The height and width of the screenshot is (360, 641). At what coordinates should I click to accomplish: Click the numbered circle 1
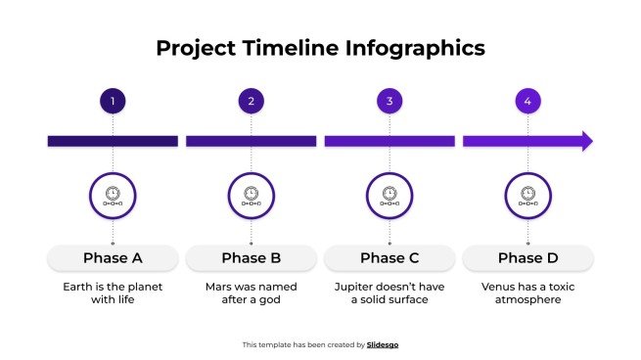tap(113, 101)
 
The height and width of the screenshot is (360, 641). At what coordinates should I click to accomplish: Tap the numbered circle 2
tap(252, 101)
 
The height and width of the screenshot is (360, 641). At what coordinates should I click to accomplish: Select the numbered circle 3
tap(389, 101)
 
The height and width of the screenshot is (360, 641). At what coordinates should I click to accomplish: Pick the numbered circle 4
tap(527, 101)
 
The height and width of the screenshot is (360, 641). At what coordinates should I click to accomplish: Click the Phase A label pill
tap(113, 258)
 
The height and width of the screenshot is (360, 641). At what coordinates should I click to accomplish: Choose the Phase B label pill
tap(252, 258)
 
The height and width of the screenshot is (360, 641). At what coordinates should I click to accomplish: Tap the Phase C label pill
tap(389, 258)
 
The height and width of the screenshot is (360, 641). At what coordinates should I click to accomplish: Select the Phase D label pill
tap(527, 258)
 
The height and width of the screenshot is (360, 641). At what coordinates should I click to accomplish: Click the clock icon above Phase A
tap(113, 195)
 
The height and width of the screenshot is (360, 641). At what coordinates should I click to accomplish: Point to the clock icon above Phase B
tap(252, 195)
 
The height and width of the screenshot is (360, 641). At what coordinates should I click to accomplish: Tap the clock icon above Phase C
tap(389, 195)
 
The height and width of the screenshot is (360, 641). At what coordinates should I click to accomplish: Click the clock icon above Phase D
tap(527, 195)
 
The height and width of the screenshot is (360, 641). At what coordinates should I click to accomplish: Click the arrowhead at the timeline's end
tap(587, 141)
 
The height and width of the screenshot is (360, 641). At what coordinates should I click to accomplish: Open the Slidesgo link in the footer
tap(383, 344)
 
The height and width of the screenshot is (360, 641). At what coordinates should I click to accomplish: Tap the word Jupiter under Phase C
tap(355, 288)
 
